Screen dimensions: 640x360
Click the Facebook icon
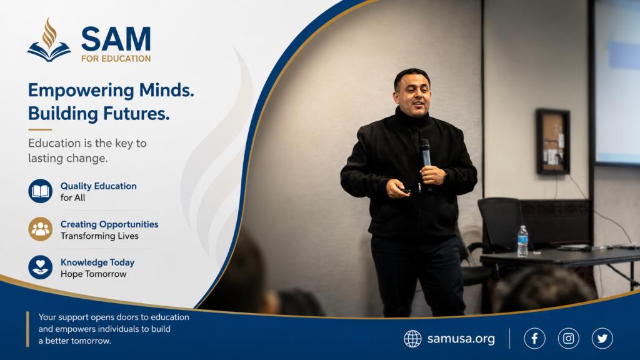pyautogui.click(x=534, y=338)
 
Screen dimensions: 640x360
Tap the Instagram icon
pyautogui.click(x=569, y=338)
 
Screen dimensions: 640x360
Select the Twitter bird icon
pyautogui.click(x=602, y=338)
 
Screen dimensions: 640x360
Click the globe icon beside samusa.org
pyautogui.click(x=412, y=339)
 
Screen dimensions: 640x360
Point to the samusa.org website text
pyautogui.click(x=461, y=339)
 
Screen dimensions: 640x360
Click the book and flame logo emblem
pyautogui.click(x=49, y=40)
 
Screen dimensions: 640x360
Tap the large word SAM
pyautogui.click(x=116, y=39)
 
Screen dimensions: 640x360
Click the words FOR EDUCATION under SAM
pyautogui.click(x=116, y=59)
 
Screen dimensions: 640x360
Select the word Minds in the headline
pyautogui.click(x=166, y=90)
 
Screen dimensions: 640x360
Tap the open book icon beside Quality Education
pyautogui.click(x=41, y=191)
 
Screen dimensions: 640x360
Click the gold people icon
pyautogui.click(x=41, y=229)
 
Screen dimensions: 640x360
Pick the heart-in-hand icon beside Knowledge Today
pyautogui.click(x=41, y=267)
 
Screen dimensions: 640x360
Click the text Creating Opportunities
pyautogui.click(x=109, y=224)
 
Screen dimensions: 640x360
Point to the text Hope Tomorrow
pyautogui.click(x=94, y=274)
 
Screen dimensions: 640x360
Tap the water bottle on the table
pyautogui.click(x=522, y=241)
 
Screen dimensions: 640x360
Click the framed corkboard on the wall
pyautogui.click(x=553, y=141)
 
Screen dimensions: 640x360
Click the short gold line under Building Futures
pyautogui.click(x=40, y=129)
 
